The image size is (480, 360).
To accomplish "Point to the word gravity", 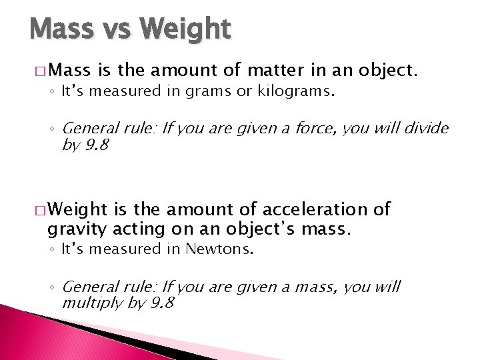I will click(x=71, y=231).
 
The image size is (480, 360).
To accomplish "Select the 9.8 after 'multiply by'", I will click(x=161, y=303).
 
